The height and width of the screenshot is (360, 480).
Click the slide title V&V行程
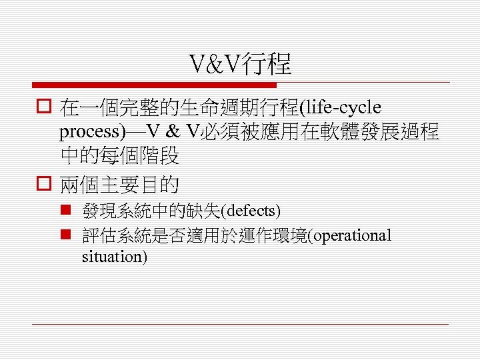point(240,65)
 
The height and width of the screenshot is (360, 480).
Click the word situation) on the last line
point(114,256)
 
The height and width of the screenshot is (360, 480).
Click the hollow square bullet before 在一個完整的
point(45,107)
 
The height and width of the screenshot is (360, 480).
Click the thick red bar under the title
point(154,85)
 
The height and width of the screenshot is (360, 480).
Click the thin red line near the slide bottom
point(240,324)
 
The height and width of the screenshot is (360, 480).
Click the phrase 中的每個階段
point(119,156)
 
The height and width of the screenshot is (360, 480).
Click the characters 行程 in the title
point(271,65)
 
